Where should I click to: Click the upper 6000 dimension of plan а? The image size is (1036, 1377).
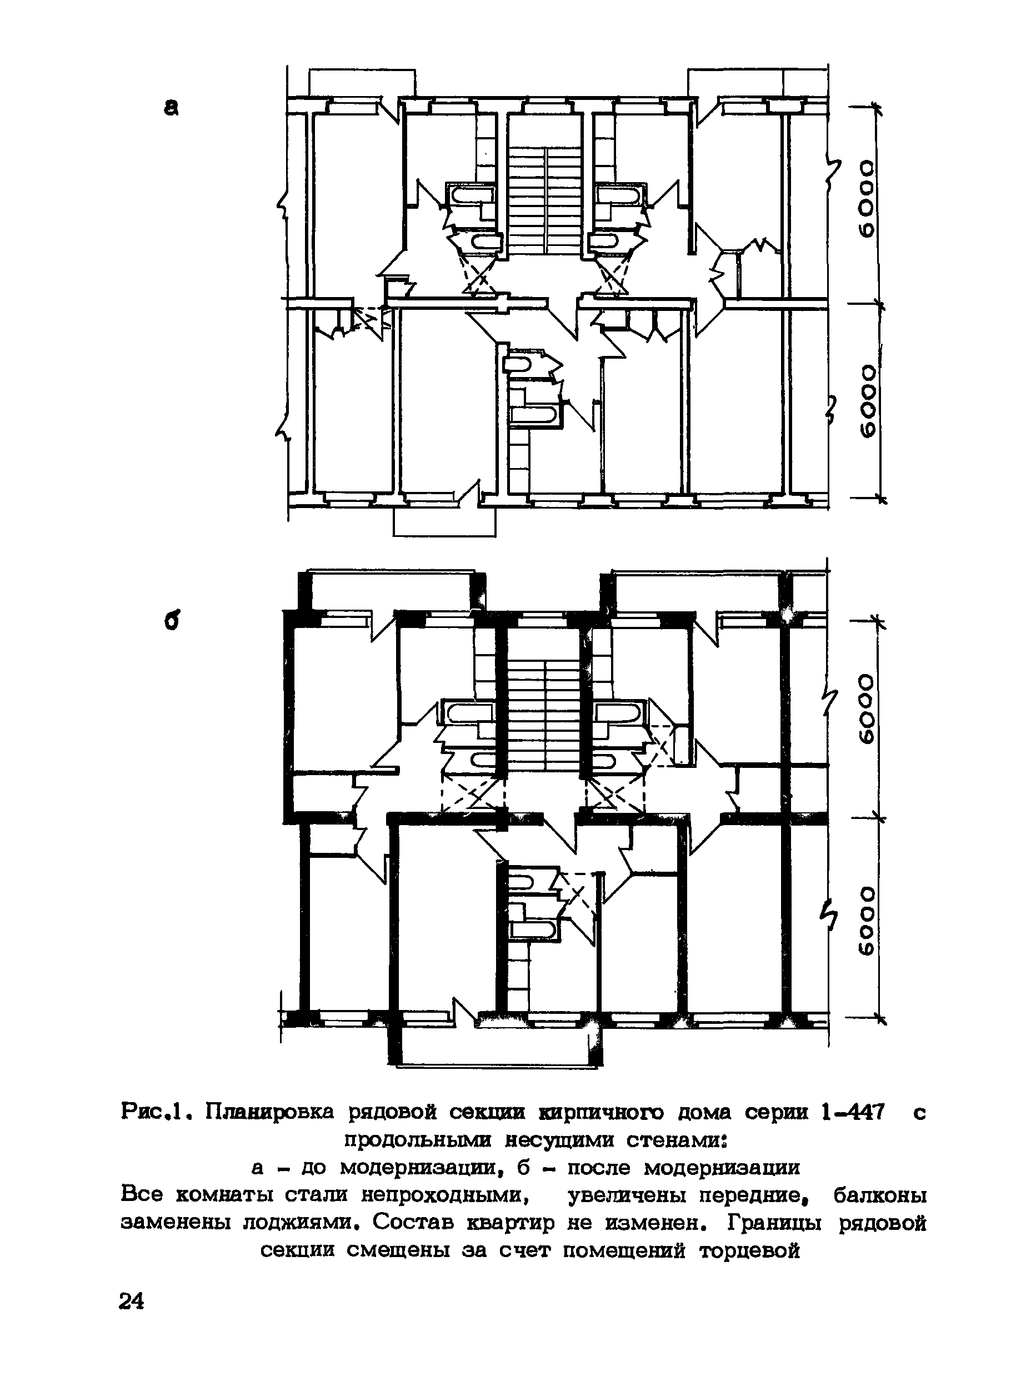(x=867, y=200)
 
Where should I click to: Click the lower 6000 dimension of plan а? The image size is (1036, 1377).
(x=867, y=402)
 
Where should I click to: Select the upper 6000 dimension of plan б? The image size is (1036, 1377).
(x=867, y=708)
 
